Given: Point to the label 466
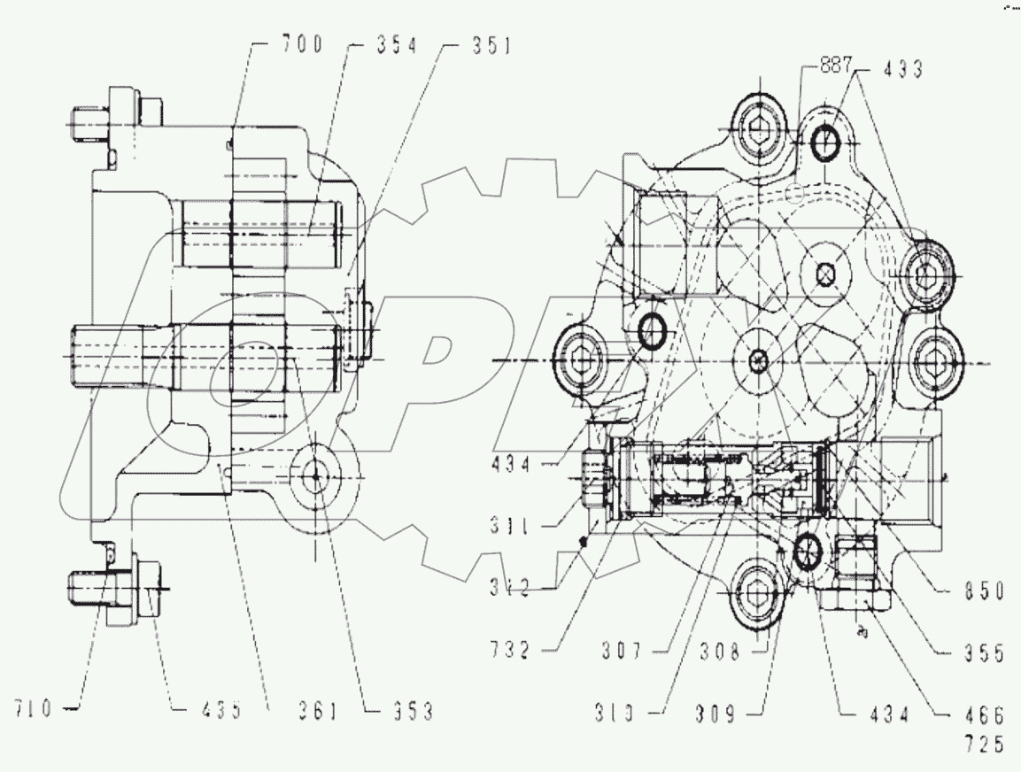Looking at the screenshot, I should point(985,715).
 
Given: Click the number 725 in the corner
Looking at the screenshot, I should point(985,745).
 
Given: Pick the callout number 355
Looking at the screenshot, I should point(985,656).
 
